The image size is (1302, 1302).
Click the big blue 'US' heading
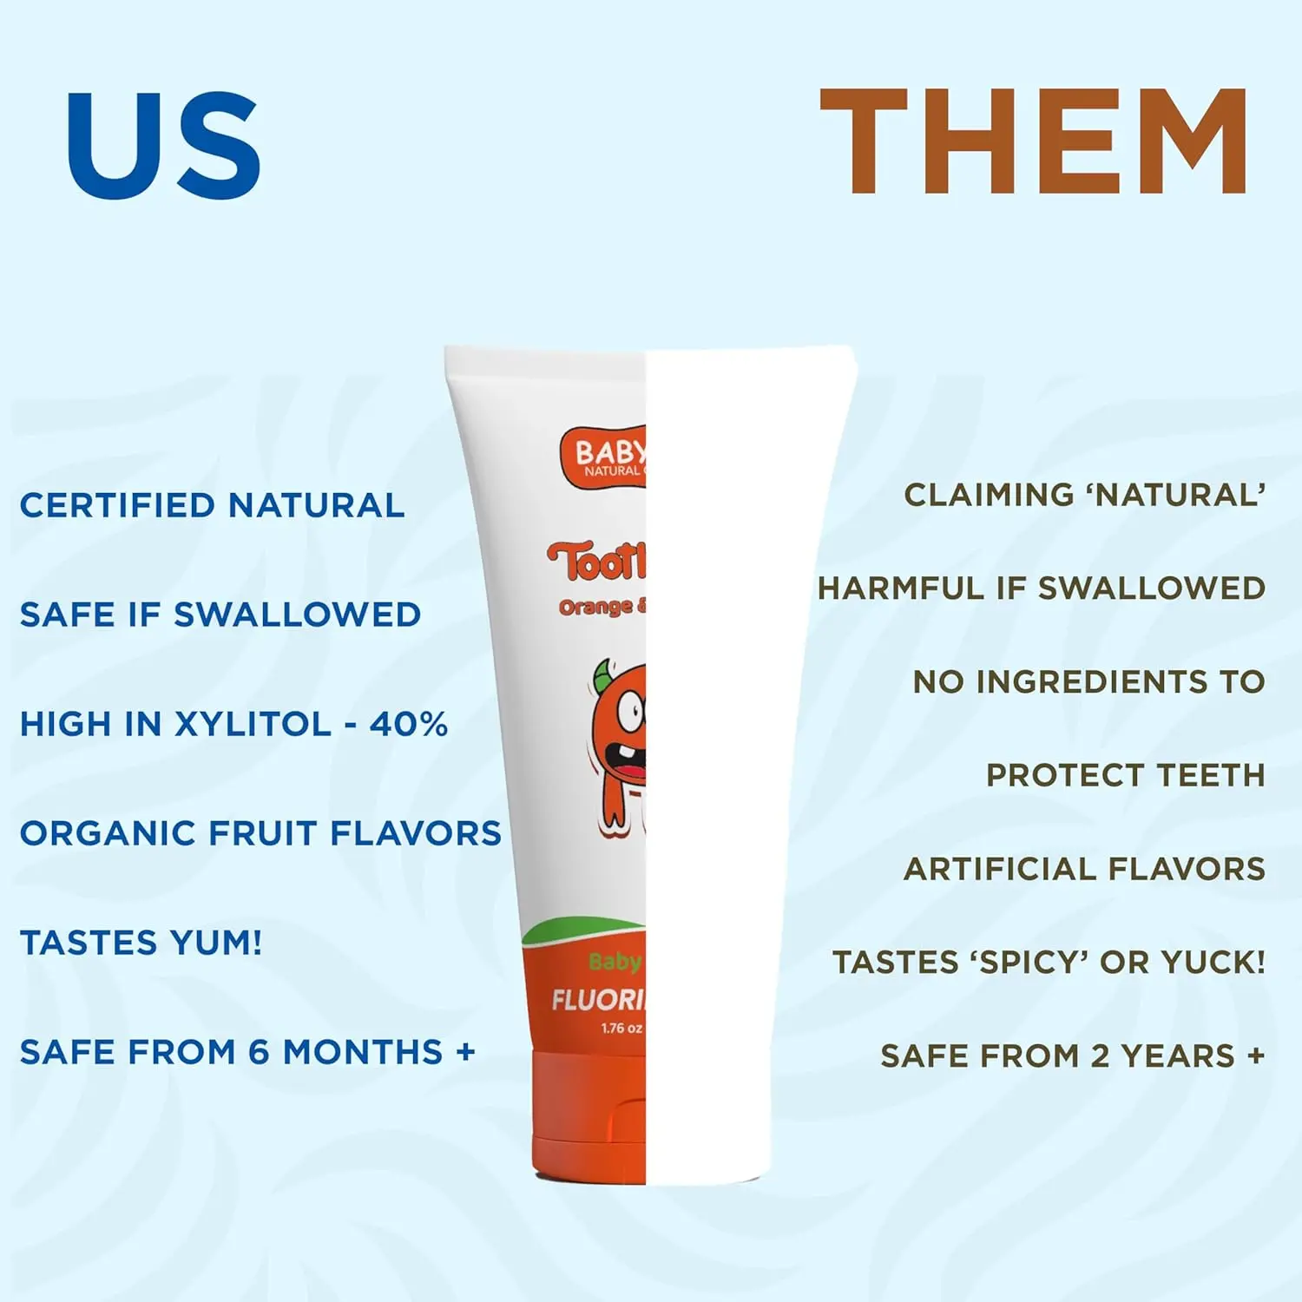click(x=164, y=145)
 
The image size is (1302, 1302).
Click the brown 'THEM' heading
click(x=1033, y=141)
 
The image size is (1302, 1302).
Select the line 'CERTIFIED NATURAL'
click(x=212, y=505)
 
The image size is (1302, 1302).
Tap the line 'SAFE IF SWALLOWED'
click(x=220, y=615)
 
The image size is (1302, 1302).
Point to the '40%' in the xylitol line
click(x=409, y=724)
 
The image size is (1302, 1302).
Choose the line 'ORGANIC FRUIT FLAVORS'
click(x=260, y=833)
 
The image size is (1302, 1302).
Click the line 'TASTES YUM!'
click(x=141, y=943)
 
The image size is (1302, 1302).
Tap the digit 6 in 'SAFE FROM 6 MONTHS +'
click(x=259, y=1052)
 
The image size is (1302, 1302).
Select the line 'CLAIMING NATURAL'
click(x=1084, y=495)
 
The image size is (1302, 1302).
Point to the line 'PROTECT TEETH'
click(x=1125, y=775)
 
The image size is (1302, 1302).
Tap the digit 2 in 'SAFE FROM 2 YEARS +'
click(x=1100, y=1056)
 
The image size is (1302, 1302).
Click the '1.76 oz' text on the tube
click(x=621, y=1029)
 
